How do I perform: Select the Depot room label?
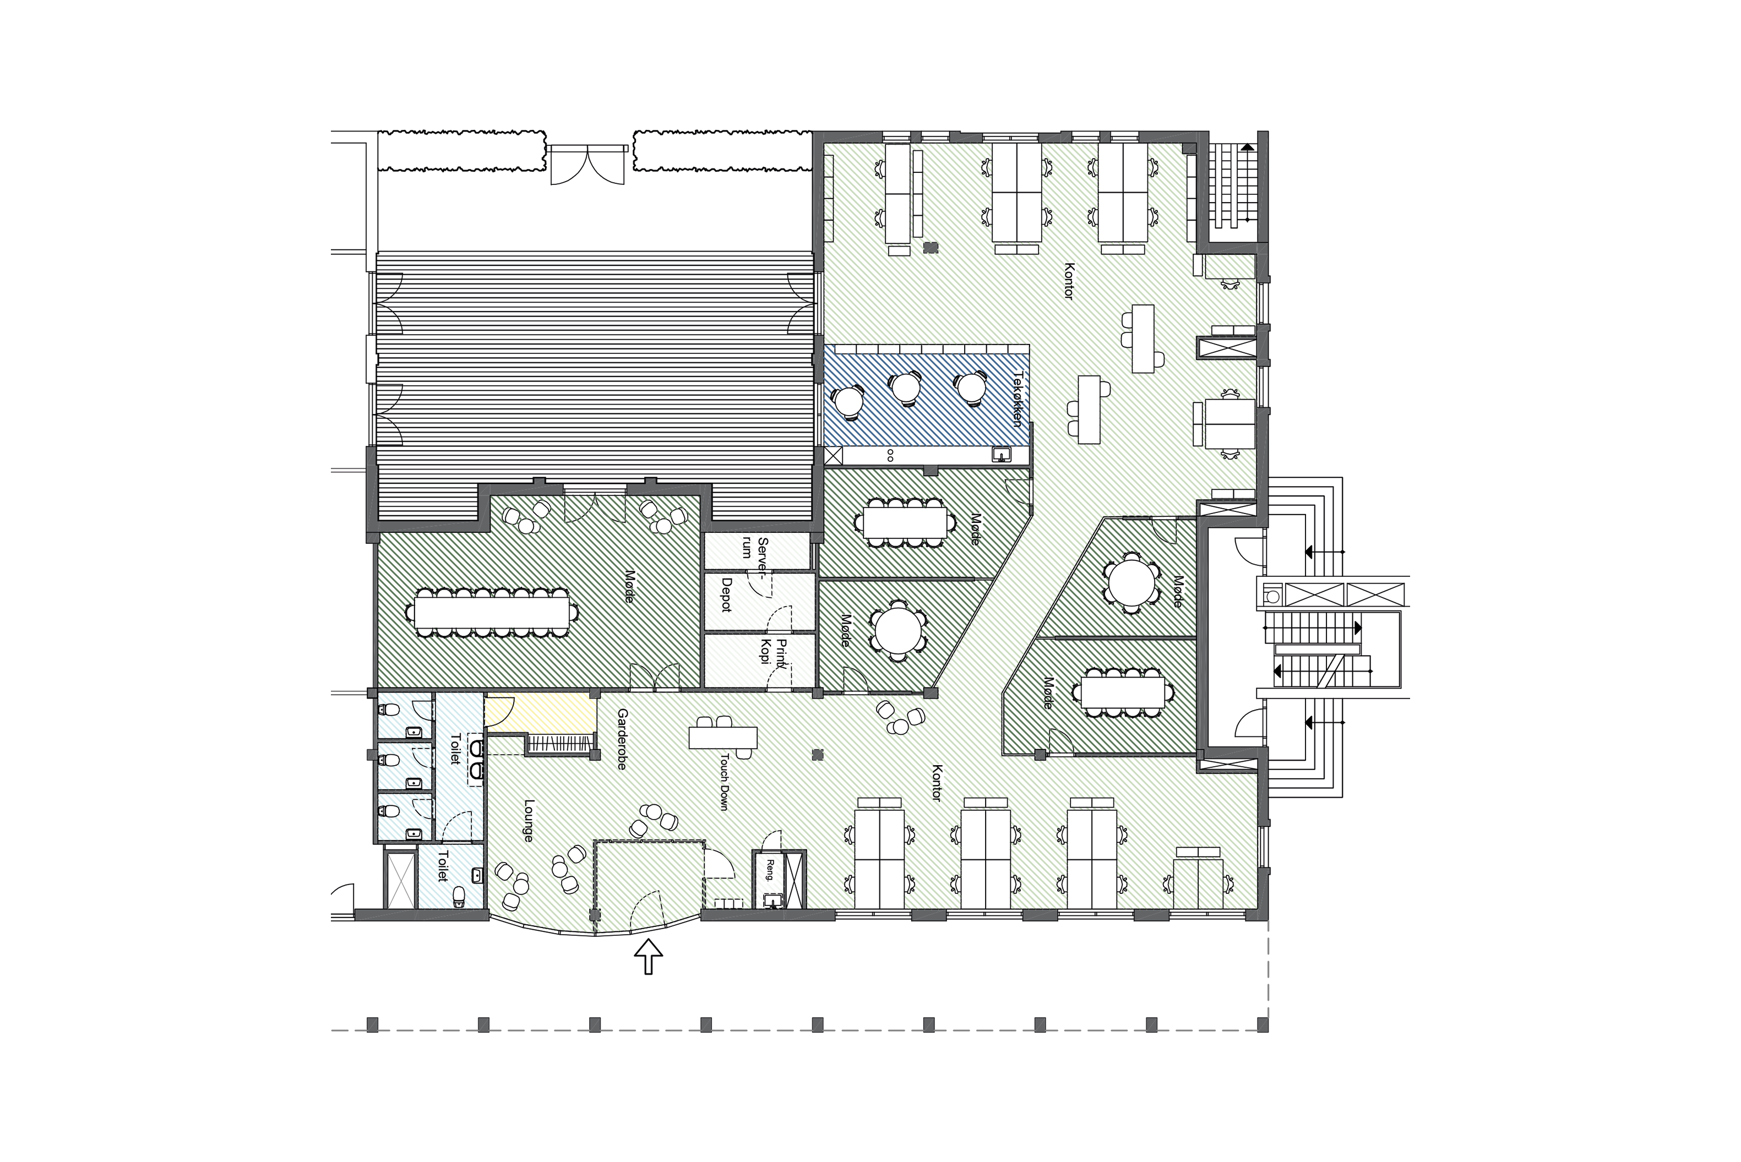click(726, 594)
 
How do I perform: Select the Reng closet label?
click(770, 869)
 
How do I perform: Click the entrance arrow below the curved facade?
click(649, 956)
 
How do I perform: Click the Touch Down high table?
click(722, 738)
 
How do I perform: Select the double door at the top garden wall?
click(587, 165)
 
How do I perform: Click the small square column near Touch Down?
click(818, 755)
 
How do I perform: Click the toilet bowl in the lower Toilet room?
click(459, 897)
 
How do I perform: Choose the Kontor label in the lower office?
click(937, 783)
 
